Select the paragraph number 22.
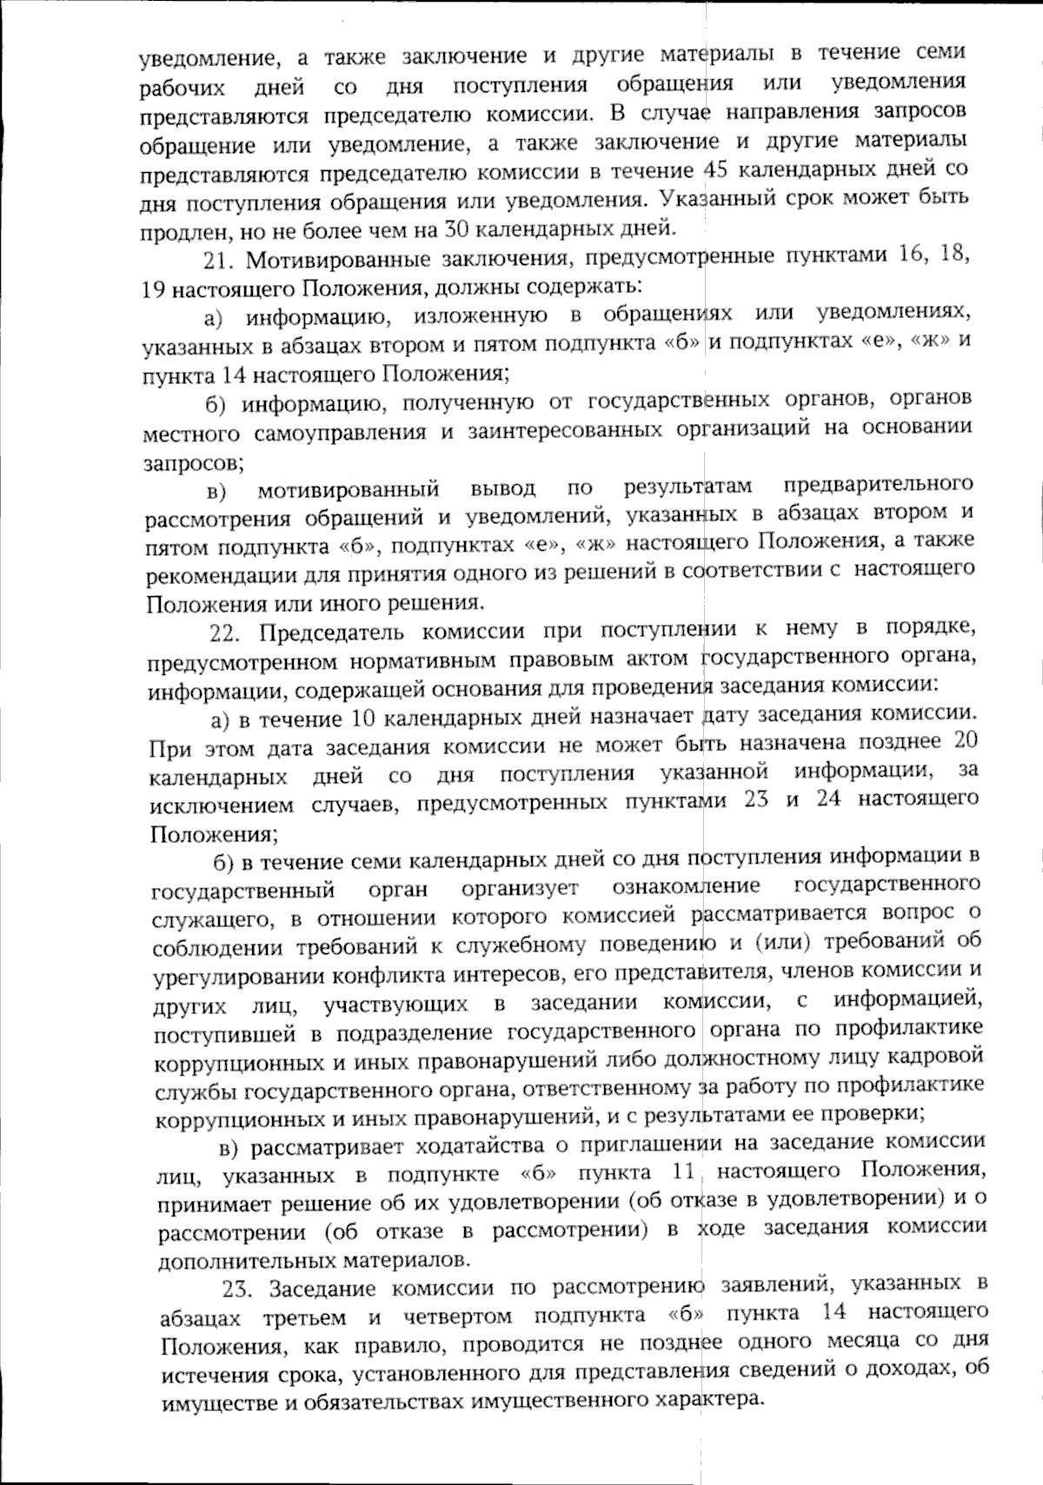pos(225,631)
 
